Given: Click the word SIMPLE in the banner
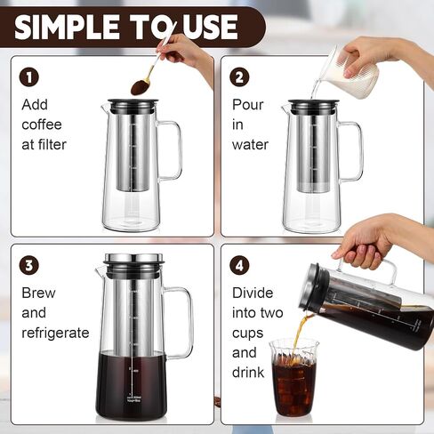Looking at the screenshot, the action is tap(67, 27).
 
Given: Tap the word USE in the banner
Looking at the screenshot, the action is tap(209, 27).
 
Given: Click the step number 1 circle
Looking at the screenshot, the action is tap(29, 77).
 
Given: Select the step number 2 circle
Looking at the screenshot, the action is tap(239, 77).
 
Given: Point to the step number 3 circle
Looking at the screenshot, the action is tap(29, 265).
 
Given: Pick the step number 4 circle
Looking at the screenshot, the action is tap(239, 265).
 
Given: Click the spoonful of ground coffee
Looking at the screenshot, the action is tap(141, 86).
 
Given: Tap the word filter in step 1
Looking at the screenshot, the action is tap(52, 145).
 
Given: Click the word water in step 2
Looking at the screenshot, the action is tap(250, 145).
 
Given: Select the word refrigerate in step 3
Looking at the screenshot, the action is tap(55, 333).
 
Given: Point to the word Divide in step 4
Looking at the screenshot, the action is tap(253, 293).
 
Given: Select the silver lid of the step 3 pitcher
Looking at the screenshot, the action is tap(133, 259).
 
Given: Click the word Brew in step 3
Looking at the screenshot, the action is tap(38, 293).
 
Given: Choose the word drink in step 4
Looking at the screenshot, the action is tap(248, 373).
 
